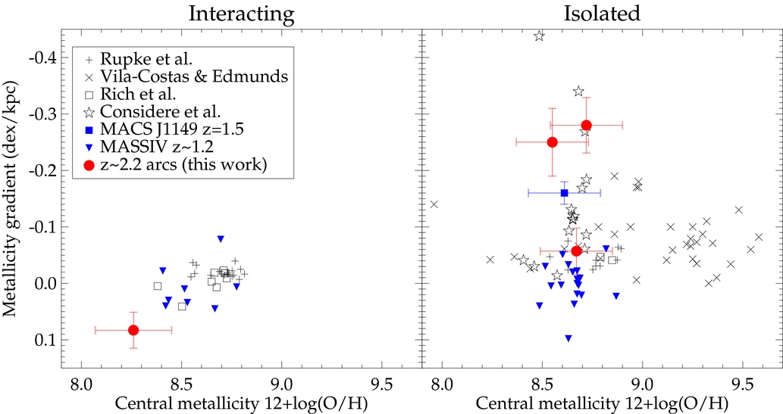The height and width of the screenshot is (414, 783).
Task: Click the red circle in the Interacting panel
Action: [x=133, y=330]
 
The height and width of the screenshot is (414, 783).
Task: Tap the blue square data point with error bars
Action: [x=564, y=193]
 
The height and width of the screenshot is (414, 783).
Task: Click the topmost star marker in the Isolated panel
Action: [x=539, y=36]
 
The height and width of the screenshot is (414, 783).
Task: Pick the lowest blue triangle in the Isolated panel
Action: [x=568, y=338]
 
